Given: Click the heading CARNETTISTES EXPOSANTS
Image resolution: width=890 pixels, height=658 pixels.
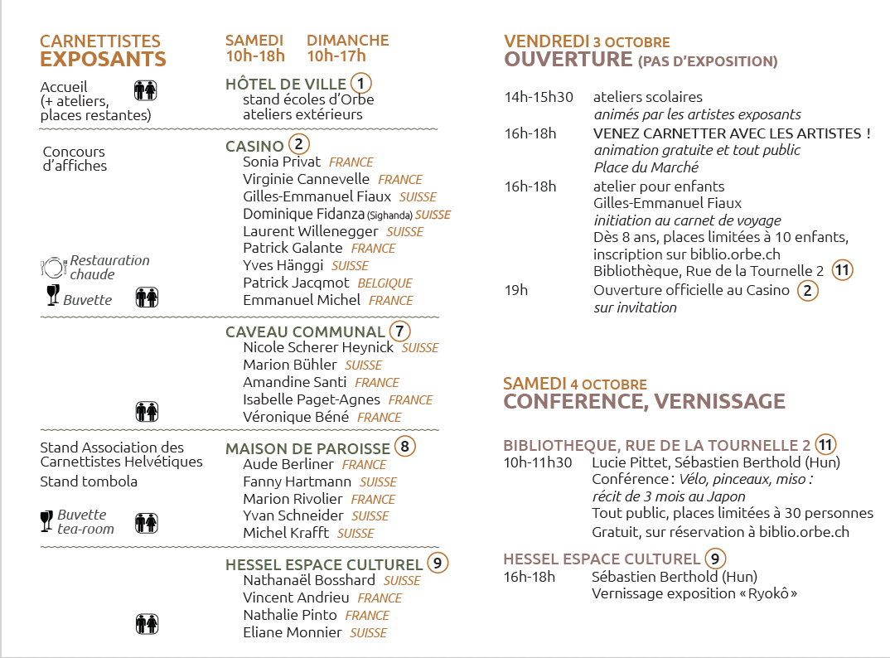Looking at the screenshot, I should (103, 51).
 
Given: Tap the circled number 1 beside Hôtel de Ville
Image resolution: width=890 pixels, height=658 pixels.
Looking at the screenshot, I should (361, 84).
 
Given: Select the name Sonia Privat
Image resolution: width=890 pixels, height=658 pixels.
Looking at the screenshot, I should (282, 162).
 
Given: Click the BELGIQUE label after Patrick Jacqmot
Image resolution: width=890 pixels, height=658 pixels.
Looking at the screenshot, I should (385, 283).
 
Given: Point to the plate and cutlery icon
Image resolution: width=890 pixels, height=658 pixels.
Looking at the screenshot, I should (53, 267).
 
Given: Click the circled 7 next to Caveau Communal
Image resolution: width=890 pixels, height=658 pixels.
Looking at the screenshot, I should (399, 331).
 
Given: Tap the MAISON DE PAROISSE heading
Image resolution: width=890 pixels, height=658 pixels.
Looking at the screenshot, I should (307, 448).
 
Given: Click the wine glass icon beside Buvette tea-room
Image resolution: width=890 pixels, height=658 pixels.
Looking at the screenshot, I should (46, 520).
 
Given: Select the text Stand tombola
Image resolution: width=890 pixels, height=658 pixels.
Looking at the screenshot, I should (89, 481).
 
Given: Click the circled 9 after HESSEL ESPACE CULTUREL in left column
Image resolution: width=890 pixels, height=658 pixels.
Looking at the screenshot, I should (438, 564).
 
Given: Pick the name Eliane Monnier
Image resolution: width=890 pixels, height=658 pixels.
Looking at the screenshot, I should (293, 632).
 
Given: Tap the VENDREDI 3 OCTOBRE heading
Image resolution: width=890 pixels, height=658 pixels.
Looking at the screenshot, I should (587, 41).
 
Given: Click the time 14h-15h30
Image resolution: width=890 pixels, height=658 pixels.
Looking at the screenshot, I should (539, 98).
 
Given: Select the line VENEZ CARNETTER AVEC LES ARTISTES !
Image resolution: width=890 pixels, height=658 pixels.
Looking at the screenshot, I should (732, 133).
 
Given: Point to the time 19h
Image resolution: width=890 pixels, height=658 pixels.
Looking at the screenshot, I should (516, 290).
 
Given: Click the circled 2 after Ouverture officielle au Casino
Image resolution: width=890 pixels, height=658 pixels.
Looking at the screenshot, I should (807, 291).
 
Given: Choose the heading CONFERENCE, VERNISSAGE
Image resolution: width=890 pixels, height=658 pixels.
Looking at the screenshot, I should (644, 402).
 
